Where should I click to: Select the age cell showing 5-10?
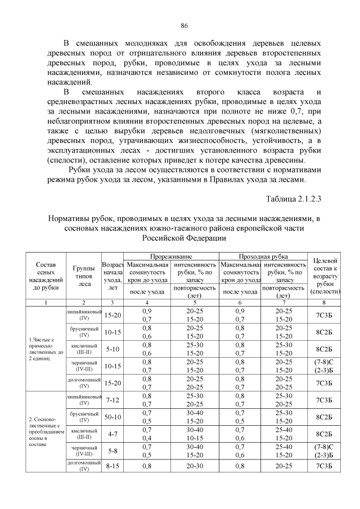(112, 349)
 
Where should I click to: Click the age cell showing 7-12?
(112, 400)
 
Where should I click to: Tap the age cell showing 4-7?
(112, 435)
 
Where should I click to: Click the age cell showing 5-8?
(112, 451)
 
